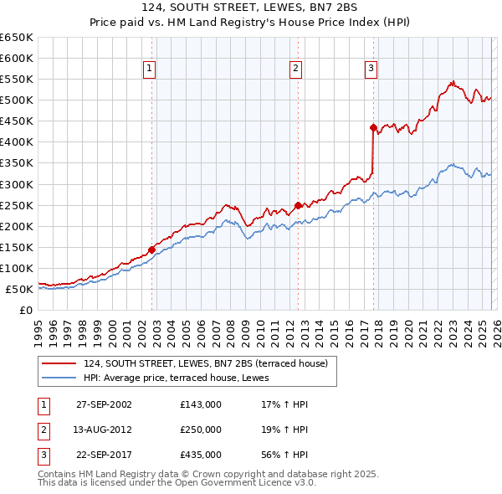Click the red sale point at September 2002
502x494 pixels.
pos(151,249)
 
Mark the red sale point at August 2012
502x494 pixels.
pos(298,204)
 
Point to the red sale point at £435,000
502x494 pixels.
pos(373,127)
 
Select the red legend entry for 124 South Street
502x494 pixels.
pos(210,363)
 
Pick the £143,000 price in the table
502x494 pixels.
pos(200,404)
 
